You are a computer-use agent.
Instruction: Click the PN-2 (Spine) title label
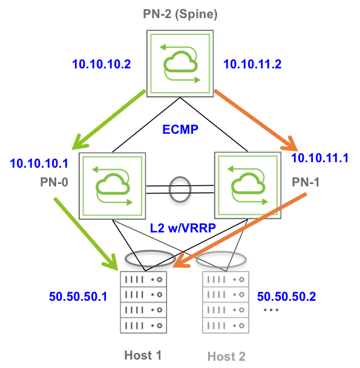pos(180,15)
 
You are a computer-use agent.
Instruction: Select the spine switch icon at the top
pos(180,64)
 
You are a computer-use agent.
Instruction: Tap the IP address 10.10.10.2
pos(102,64)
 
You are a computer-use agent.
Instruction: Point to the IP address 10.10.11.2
pos(252,64)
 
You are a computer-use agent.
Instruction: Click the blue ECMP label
pos(180,130)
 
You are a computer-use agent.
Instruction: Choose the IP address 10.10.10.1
pos(39,163)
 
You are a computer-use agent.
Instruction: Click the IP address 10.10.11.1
pos(319,158)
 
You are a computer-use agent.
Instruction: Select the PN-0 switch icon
pos(112,186)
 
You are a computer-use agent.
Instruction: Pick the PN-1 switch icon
pos(248,185)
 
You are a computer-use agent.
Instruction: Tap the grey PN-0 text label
pos(54,182)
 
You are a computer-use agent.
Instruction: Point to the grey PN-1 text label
pos(306,182)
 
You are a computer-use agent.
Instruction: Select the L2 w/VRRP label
pos(183,228)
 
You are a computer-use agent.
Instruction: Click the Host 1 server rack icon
pos(143,302)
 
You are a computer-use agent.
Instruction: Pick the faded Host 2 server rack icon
pos(226,302)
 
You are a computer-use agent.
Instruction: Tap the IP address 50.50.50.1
pos(78,297)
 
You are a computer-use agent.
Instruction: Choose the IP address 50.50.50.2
pos(286,297)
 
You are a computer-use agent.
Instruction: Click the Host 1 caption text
pos(143,355)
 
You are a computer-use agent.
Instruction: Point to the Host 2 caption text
pos(226,356)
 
